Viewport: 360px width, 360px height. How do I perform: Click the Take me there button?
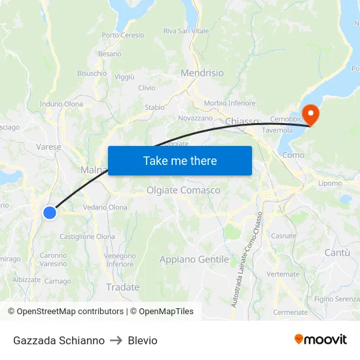(x=180, y=160)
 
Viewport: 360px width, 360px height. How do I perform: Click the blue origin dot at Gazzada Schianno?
(x=50, y=212)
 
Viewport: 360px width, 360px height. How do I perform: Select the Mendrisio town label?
(x=202, y=73)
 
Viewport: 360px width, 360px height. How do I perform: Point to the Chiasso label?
(x=242, y=122)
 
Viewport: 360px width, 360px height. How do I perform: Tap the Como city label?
(x=293, y=155)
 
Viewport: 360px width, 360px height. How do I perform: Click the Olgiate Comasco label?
(x=183, y=190)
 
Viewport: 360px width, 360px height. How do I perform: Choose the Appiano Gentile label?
(x=194, y=260)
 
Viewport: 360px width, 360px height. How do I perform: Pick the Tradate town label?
(x=122, y=287)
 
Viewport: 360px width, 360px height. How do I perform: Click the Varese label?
(x=49, y=147)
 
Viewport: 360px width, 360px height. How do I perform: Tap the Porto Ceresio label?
(x=122, y=35)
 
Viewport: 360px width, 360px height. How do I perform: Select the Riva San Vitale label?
(x=186, y=31)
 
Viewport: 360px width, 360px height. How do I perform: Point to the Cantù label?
(x=337, y=253)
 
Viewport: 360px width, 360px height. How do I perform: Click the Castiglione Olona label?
(x=87, y=237)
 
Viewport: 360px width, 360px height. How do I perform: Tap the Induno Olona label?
(x=61, y=104)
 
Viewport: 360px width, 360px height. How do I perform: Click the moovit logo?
(x=321, y=340)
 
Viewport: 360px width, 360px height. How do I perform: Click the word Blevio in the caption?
(x=143, y=340)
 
